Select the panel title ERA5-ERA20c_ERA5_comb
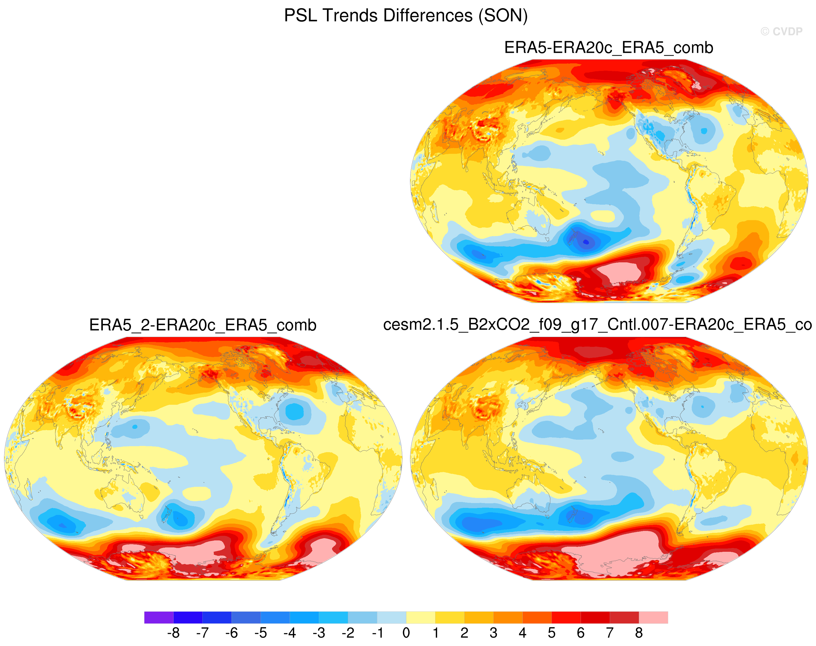[609, 48]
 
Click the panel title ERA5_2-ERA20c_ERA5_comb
[203, 325]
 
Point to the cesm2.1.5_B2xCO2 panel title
[597, 325]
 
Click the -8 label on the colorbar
[173, 632]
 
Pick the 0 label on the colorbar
[406, 632]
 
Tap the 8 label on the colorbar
[639, 632]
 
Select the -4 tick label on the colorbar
[290, 632]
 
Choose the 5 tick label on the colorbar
[552, 632]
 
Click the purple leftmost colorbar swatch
[159, 617]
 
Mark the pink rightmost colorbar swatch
[653, 617]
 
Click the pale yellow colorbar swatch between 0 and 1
[421, 617]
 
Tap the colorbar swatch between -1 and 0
[392, 617]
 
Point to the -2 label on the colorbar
[348, 632]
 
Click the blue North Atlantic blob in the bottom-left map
[294, 412]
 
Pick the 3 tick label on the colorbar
[493, 632]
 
